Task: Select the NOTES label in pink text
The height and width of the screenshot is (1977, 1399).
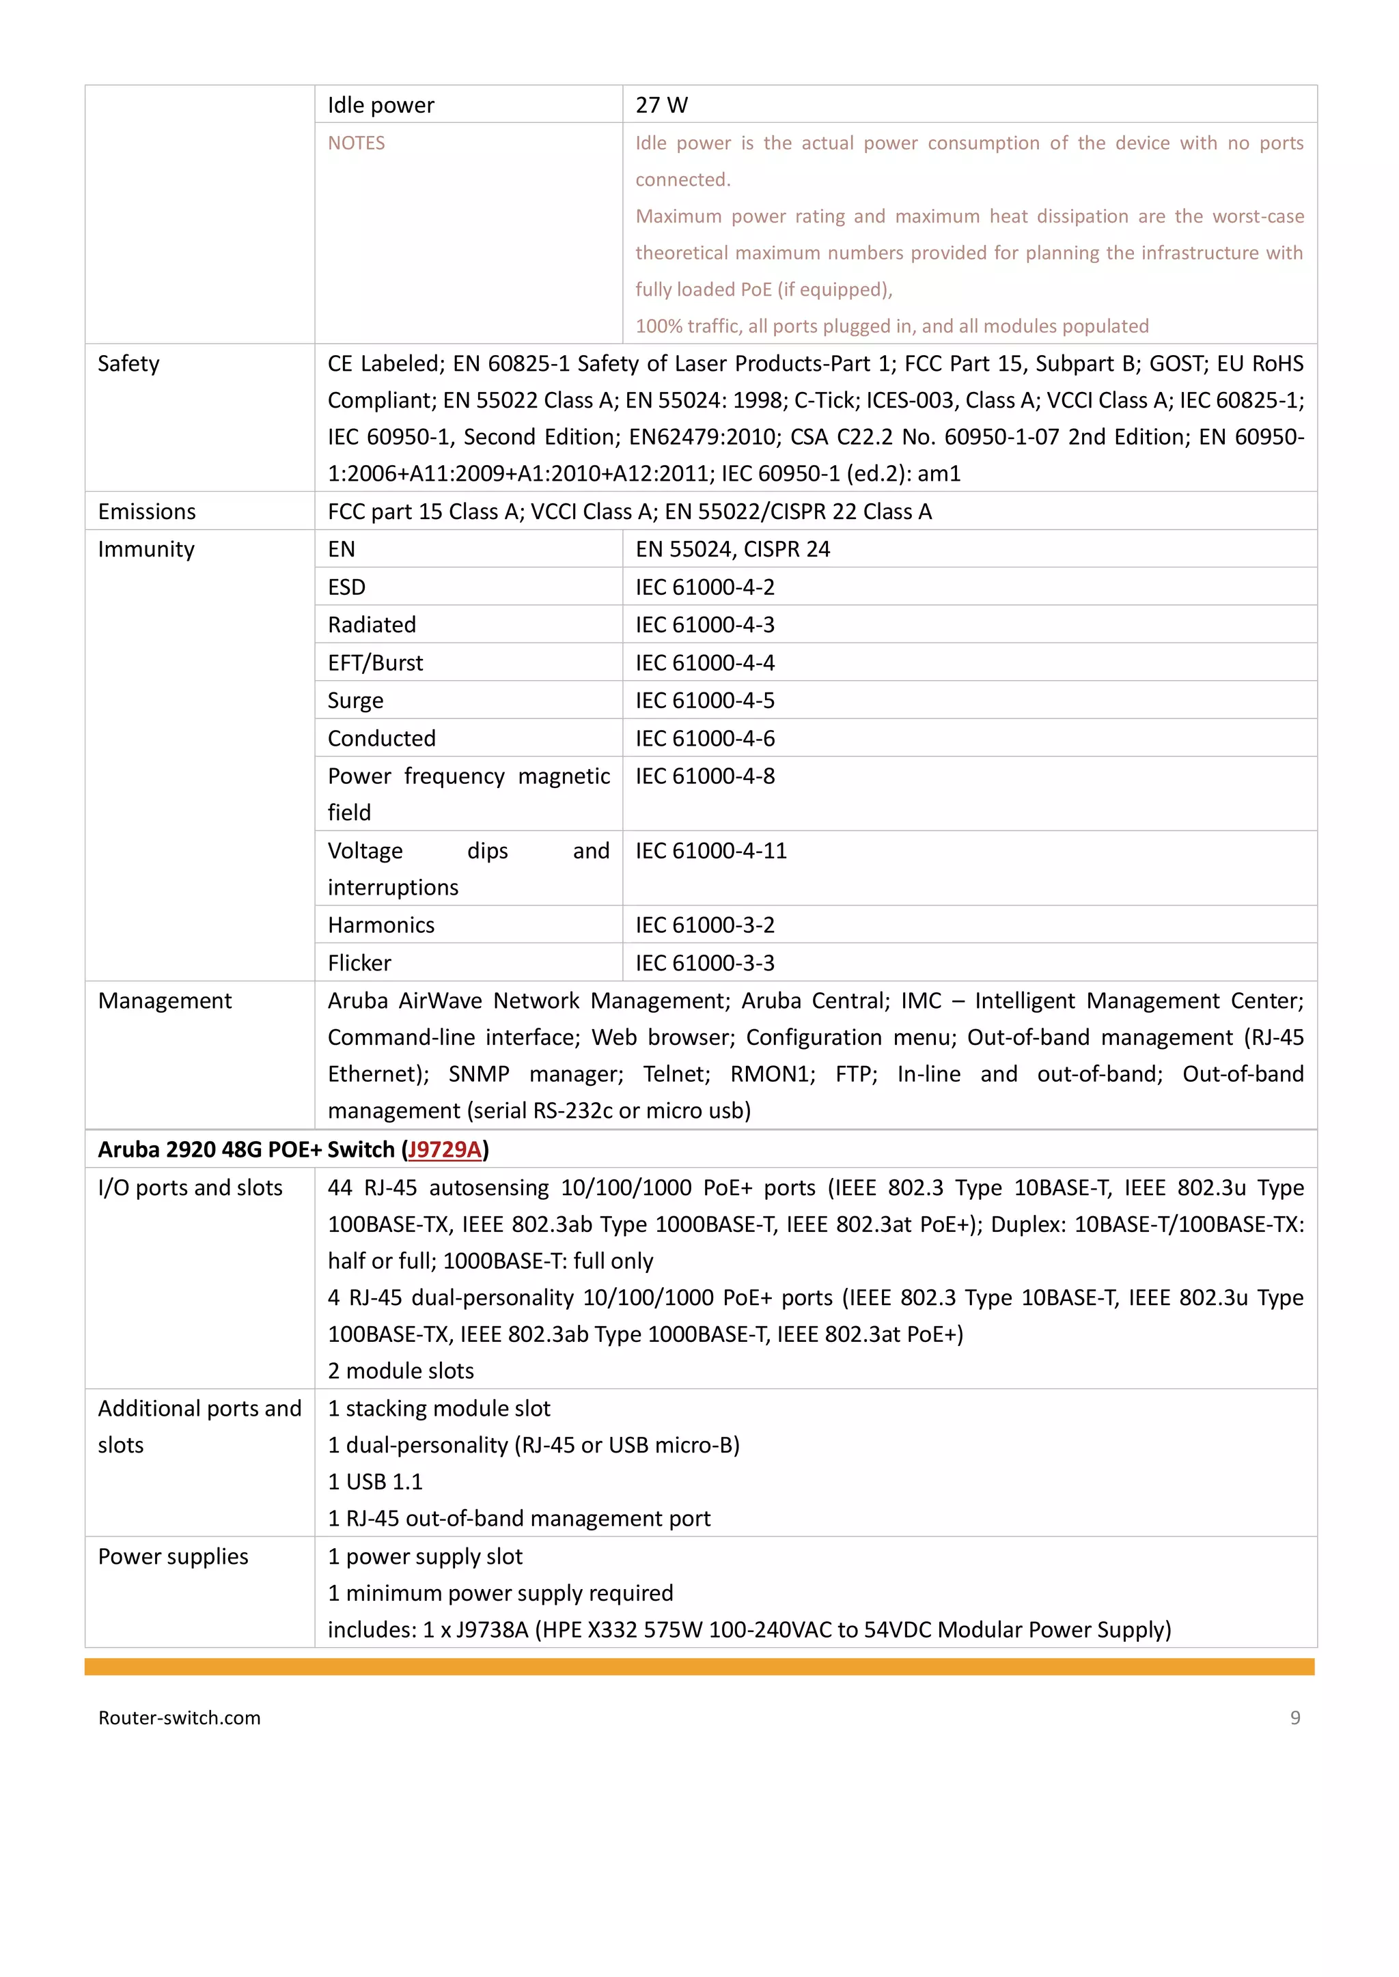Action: tap(356, 143)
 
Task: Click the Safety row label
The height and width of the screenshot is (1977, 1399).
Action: tap(128, 363)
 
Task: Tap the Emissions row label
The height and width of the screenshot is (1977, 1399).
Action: tap(146, 511)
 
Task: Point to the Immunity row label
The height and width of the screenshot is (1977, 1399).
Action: tap(146, 549)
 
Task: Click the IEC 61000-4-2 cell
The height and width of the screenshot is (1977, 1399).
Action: tap(705, 587)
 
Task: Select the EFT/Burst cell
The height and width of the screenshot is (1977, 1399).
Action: tap(375, 663)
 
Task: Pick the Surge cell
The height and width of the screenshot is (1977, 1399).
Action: tap(355, 701)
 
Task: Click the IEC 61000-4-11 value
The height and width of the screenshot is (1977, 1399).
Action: tap(710, 851)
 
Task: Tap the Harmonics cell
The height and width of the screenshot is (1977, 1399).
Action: tap(380, 925)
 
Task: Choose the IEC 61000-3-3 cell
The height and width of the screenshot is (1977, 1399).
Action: tap(705, 963)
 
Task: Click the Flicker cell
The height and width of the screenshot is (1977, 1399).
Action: tap(359, 963)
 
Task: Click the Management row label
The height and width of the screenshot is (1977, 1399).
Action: tap(165, 1000)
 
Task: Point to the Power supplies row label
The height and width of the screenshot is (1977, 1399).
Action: tap(172, 1556)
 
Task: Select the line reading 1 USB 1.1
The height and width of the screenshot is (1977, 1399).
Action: tap(375, 1481)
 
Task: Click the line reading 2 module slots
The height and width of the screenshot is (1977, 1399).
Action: tap(400, 1370)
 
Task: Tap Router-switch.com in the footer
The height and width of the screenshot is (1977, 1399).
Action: tap(179, 1717)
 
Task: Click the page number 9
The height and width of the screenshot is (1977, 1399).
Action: tap(1294, 1717)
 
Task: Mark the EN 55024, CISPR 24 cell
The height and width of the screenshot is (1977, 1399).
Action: tap(732, 549)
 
